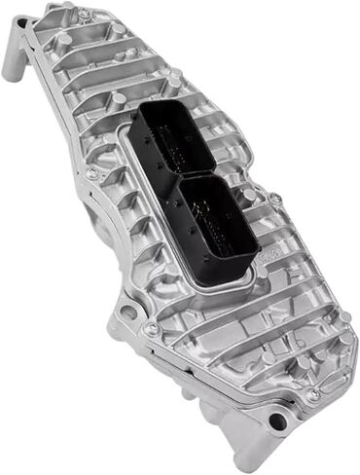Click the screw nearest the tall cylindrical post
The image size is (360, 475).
click(84, 15)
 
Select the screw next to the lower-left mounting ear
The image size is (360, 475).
click(153, 329)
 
